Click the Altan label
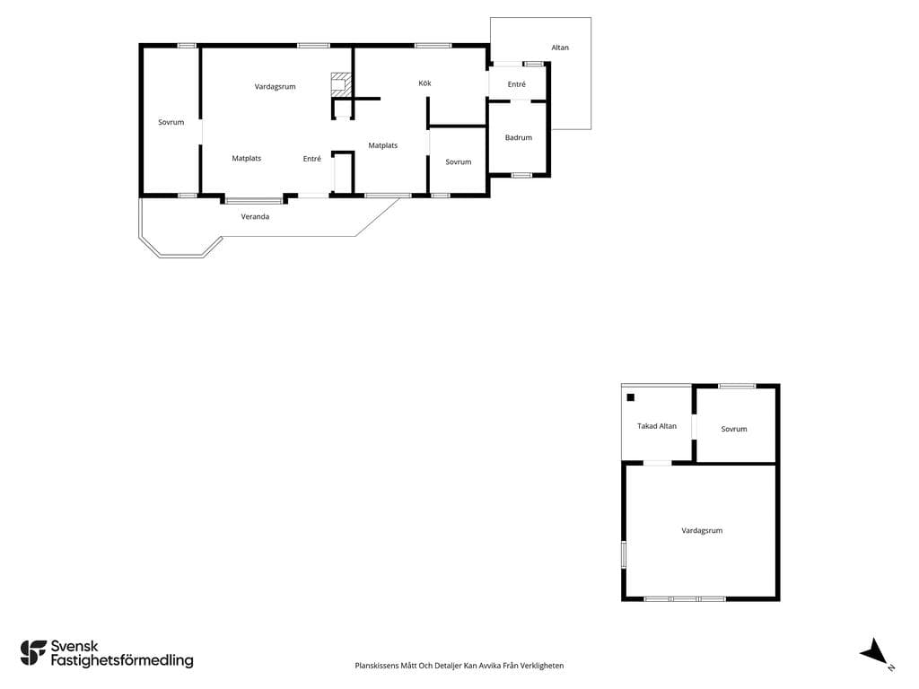tap(560, 48)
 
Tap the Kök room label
tap(424, 83)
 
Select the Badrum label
tap(519, 137)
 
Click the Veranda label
tap(255, 217)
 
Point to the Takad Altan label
tap(656, 426)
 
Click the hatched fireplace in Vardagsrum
tap(339, 85)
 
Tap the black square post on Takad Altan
tap(631, 397)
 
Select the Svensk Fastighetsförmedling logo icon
tap(33, 653)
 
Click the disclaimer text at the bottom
tap(459, 666)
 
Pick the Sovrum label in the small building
tap(734, 429)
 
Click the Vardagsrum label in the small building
tap(702, 531)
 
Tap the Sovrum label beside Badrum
tap(459, 162)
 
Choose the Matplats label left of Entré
tap(246, 159)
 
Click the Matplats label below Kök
tap(382, 146)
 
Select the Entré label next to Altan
tap(516, 84)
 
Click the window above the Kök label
tap(433, 45)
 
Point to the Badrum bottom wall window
tap(521, 175)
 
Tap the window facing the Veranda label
tap(254, 201)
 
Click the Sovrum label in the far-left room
tap(171, 122)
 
